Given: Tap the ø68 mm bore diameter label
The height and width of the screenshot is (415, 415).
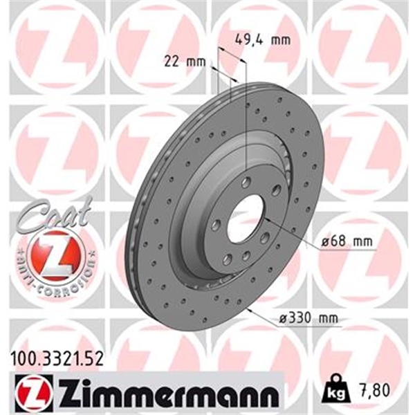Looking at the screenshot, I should click(347, 242).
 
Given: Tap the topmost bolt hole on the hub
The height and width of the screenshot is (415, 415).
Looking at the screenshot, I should click(247, 181).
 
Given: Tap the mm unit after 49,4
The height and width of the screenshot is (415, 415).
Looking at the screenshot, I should click(279, 39).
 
